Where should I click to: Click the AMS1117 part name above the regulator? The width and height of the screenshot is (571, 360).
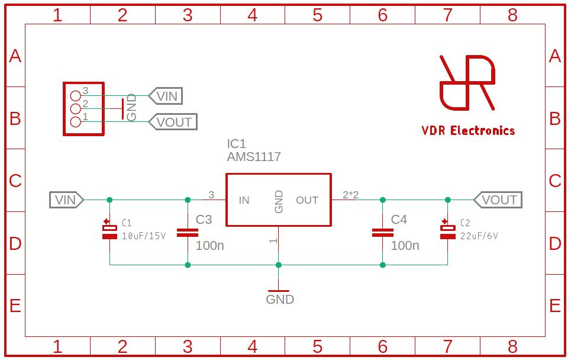[254, 157]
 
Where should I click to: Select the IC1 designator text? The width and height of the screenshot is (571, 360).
[236, 144]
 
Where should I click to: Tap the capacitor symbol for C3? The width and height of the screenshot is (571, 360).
[188, 233]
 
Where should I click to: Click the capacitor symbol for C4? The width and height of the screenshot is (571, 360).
[382, 233]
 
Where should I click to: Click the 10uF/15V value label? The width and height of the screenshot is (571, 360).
[144, 236]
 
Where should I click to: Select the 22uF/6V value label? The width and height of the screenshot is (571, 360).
[479, 236]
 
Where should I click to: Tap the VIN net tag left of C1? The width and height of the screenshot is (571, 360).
[67, 200]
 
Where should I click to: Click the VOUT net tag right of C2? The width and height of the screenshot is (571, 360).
[498, 200]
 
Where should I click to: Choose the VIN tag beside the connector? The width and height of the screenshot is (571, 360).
[166, 96]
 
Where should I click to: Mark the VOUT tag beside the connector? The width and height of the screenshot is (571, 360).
[173, 122]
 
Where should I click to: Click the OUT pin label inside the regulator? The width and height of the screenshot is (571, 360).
[307, 200]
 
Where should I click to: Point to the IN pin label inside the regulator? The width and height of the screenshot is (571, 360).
[244, 200]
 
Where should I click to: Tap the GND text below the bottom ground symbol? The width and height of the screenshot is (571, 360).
[280, 300]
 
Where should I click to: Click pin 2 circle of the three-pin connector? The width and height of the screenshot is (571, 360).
[75, 108]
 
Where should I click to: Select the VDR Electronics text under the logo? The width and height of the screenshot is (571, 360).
[468, 130]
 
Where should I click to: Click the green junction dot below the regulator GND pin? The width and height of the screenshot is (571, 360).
[279, 265]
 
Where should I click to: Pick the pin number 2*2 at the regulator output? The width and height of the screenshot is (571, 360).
[351, 195]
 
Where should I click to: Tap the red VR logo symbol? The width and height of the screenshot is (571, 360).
[467, 83]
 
